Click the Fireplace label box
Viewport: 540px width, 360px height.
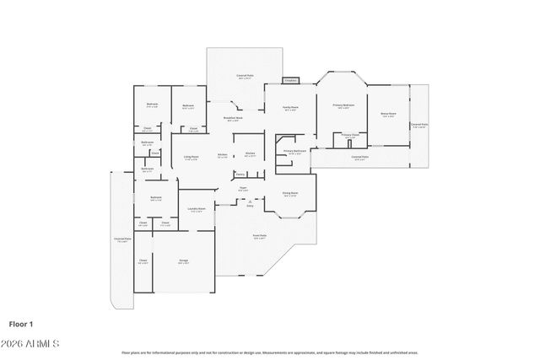pos(290,80)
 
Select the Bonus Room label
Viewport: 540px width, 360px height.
pos(388,114)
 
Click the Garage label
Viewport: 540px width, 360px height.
pos(183,261)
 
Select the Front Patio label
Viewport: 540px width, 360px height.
pos(260,236)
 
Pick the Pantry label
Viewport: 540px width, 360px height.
pos(240,175)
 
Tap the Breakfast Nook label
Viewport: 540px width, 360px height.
pos(233,119)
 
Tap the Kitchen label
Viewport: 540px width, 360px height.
pos(222,155)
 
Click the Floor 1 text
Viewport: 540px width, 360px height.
pos(20,324)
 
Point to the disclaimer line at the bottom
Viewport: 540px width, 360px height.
pos(270,352)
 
